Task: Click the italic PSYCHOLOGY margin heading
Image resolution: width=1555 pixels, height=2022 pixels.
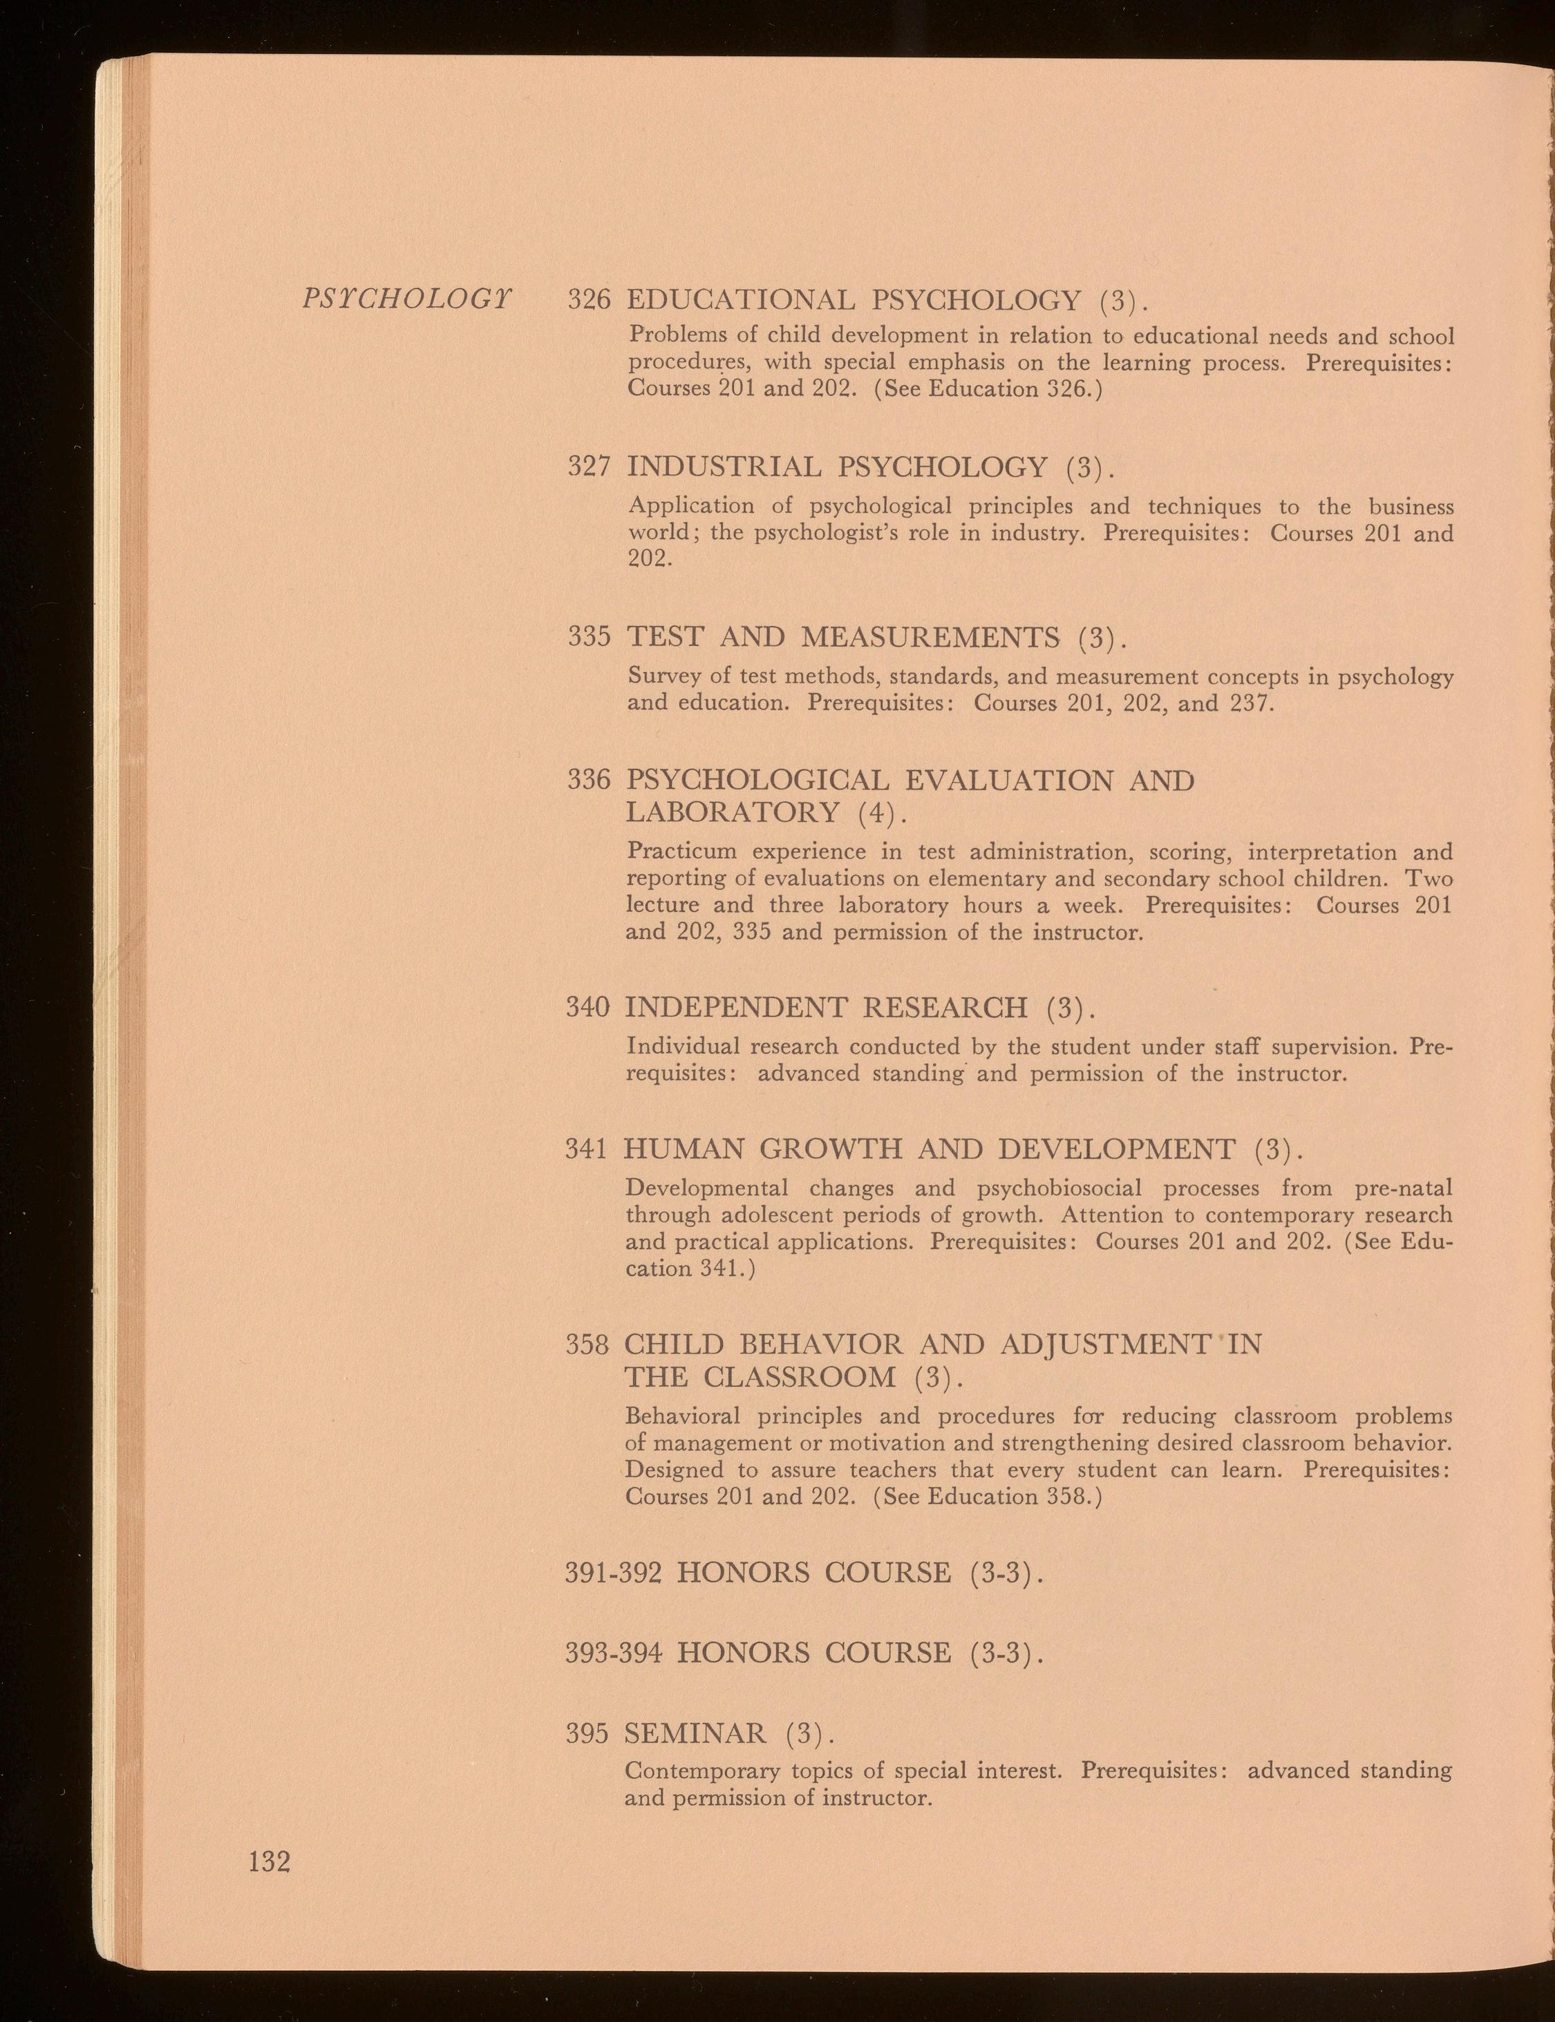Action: tap(406, 299)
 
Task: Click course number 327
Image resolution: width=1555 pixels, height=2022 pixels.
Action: tap(589, 467)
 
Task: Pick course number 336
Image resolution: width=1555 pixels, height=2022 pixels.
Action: tap(589, 780)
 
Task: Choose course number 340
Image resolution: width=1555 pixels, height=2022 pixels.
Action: tap(587, 1007)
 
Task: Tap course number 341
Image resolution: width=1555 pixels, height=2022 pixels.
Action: tap(587, 1150)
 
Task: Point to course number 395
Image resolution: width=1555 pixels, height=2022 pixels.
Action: tap(587, 1733)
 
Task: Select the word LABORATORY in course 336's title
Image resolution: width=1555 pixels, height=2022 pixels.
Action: tap(732, 813)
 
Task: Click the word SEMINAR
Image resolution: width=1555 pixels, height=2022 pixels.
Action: tap(695, 1733)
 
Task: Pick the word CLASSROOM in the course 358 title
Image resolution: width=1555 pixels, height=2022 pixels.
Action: tap(800, 1378)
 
